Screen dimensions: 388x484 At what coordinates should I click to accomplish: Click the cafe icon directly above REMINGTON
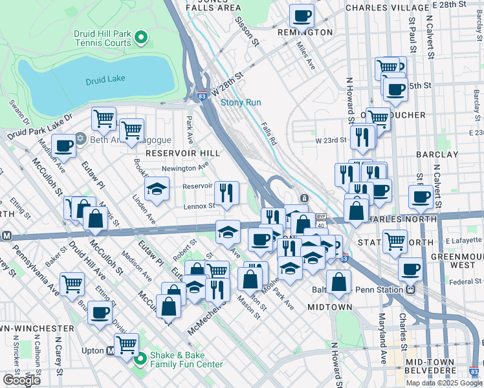301,15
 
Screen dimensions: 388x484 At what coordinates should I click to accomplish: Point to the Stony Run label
241,102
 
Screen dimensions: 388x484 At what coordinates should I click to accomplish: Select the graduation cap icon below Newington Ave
157,190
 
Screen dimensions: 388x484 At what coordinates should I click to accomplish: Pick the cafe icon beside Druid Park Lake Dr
63,146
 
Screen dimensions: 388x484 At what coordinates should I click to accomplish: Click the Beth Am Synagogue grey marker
80,138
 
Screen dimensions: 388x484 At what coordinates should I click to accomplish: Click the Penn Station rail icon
410,290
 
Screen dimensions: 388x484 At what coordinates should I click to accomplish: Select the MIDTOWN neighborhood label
329,307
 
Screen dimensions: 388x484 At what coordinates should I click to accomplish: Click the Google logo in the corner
21,380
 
